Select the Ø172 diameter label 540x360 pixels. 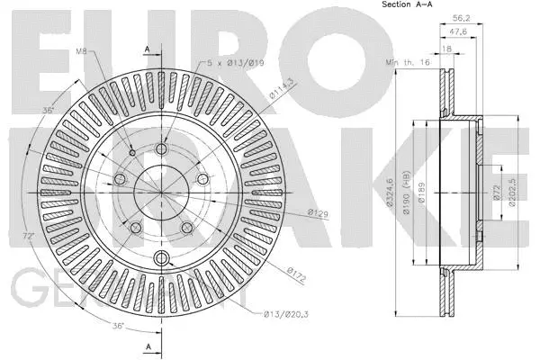coord(298,270)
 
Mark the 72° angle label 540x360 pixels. coord(29,235)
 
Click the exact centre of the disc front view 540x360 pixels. coord(162,191)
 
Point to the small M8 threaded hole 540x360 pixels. coord(132,153)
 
